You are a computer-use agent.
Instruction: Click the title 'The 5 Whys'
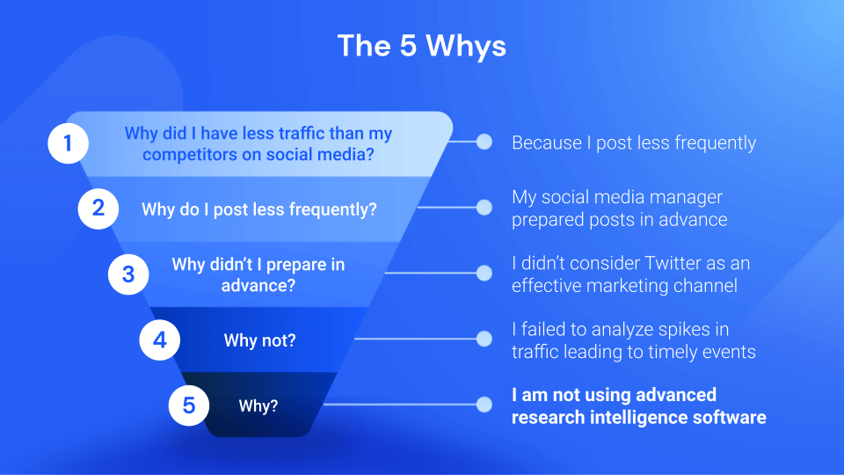coord(422,46)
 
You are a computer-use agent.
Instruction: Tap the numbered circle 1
coord(66,143)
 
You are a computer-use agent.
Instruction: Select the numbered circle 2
coord(98,208)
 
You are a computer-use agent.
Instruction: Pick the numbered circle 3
coord(128,274)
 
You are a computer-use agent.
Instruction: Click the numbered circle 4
coord(159,340)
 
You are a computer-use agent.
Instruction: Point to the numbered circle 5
coord(188,406)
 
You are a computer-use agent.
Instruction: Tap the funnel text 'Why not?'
coord(259,340)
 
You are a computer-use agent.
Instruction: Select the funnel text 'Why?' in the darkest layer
coord(258,406)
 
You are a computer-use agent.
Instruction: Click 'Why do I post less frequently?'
coord(258,209)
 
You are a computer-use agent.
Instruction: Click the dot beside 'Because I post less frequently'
coord(484,142)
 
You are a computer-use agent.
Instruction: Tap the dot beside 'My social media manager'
coord(484,208)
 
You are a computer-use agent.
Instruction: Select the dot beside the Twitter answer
coord(484,274)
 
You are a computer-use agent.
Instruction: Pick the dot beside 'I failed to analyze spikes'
coord(484,340)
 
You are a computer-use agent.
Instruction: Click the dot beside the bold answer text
coord(484,406)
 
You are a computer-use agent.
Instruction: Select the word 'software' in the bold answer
coord(728,417)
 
